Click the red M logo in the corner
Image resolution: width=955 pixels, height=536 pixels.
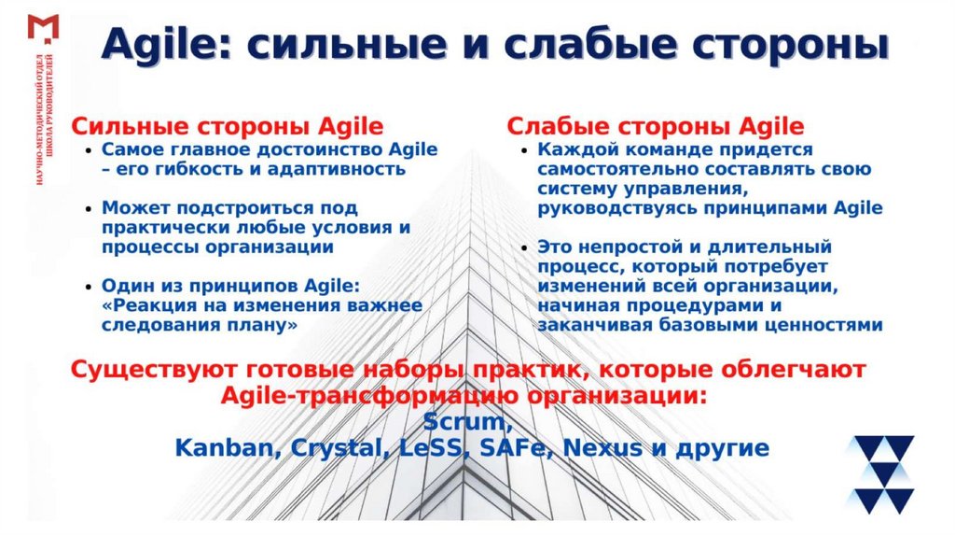tap(43, 27)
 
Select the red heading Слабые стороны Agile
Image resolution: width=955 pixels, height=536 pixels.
tap(655, 126)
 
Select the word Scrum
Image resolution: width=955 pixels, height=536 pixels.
tap(464, 421)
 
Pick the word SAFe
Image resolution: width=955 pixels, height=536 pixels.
tap(509, 447)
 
